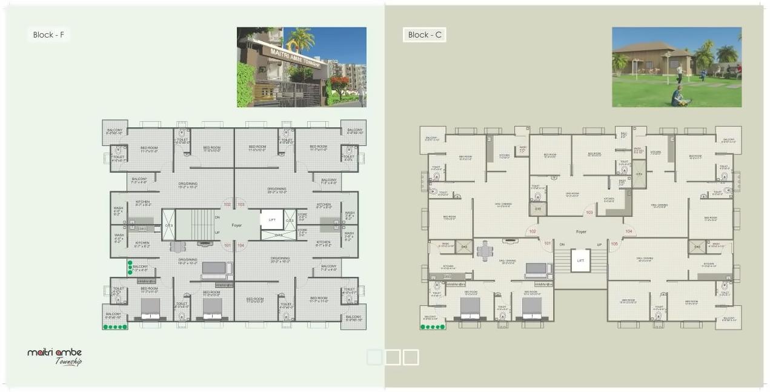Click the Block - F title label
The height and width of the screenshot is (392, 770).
[x=49, y=35]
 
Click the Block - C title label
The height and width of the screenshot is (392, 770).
[x=424, y=35]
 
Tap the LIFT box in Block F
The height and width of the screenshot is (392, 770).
[x=272, y=220]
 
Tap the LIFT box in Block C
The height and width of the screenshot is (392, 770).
[x=580, y=261]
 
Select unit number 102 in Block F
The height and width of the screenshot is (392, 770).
[x=227, y=205]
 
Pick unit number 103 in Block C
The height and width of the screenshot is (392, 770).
[x=589, y=212]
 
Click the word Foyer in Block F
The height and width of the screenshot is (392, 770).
[x=236, y=225]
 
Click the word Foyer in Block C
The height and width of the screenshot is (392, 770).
[x=581, y=231]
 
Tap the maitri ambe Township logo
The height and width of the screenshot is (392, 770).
[x=55, y=356]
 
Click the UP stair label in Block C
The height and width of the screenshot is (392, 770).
[x=599, y=244]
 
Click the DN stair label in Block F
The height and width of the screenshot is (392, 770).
[x=217, y=216]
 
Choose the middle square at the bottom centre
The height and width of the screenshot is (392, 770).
[x=393, y=357]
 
